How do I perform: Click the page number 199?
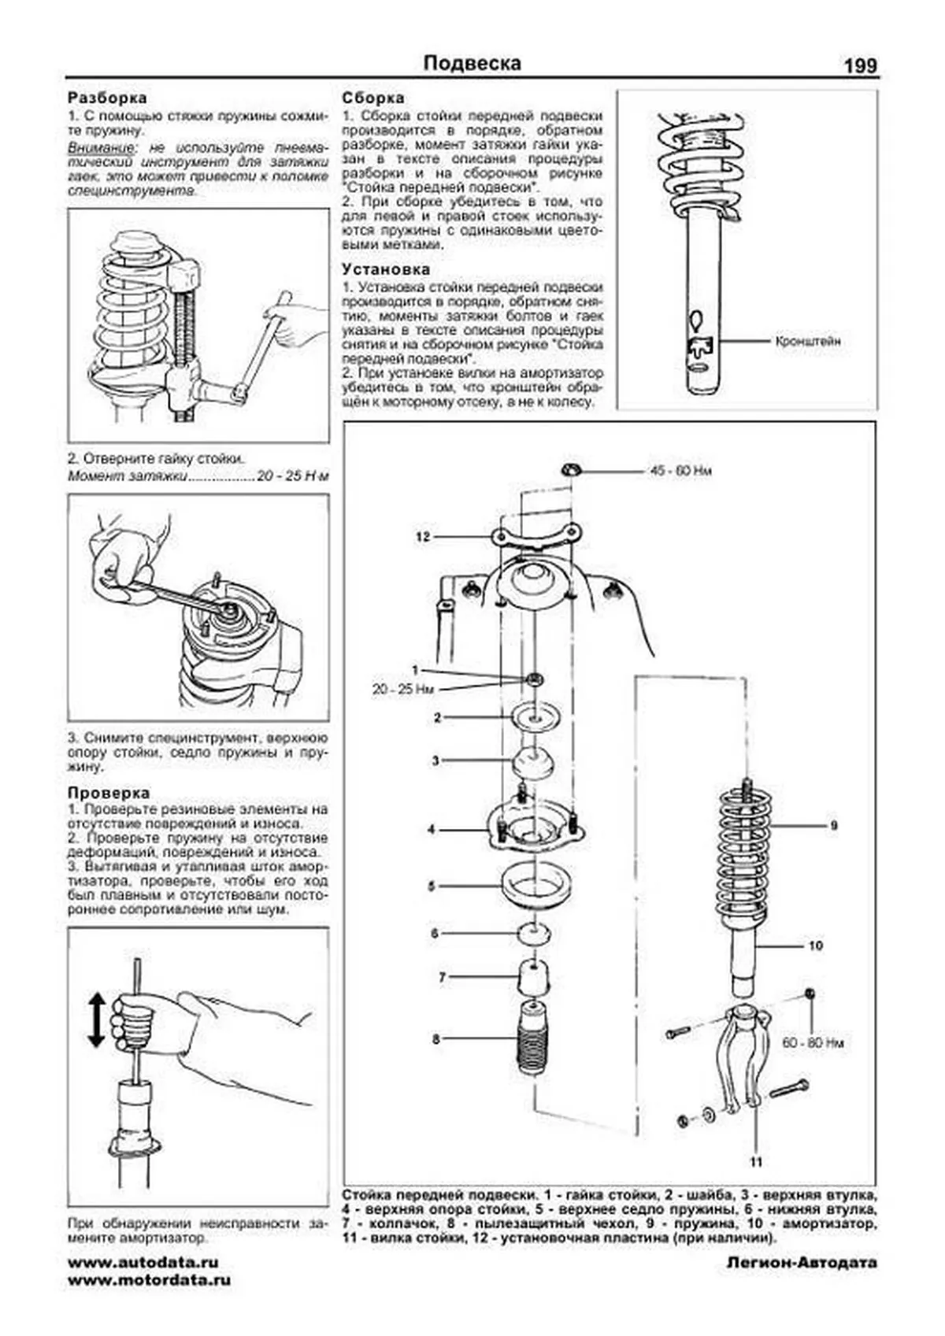point(860,66)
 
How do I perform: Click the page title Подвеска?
point(472,63)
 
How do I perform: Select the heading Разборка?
point(107,98)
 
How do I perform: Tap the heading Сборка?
point(373,98)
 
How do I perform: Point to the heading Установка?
point(386,269)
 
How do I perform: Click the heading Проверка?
point(109,793)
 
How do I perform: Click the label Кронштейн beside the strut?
point(808,342)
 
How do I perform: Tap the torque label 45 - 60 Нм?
point(681,472)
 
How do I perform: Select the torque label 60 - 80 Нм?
point(812,1042)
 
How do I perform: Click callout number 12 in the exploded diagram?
point(423,537)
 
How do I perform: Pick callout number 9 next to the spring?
point(833,826)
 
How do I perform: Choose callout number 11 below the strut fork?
point(756,1161)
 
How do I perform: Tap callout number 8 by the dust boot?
point(436,1039)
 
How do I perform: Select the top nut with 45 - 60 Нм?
point(571,470)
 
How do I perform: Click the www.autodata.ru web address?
point(143,1262)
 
